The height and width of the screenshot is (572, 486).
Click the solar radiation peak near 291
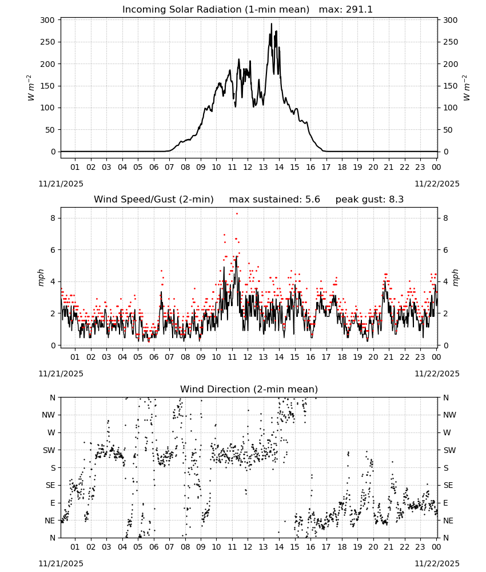click(x=271, y=23)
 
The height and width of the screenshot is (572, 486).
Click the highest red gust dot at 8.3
click(x=237, y=213)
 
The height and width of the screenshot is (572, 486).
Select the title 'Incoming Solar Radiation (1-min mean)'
click(x=216, y=10)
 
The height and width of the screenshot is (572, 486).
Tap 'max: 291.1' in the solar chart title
click(x=346, y=10)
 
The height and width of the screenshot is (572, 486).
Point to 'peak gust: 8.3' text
click(x=369, y=200)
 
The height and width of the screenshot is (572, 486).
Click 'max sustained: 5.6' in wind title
click(x=274, y=200)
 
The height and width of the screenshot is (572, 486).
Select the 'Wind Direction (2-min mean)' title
click(x=249, y=389)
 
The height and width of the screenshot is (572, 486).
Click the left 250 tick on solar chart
click(x=48, y=42)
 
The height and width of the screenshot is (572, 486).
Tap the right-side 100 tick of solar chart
click(x=450, y=108)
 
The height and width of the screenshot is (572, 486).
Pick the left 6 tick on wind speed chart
click(x=53, y=250)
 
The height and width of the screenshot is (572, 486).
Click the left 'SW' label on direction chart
click(x=49, y=450)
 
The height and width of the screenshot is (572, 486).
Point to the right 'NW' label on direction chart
click(x=449, y=415)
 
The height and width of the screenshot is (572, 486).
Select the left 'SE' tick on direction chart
click(x=50, y=485)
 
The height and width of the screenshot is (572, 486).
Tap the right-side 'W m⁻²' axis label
click(x=467, y=88)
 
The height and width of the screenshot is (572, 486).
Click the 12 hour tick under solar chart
click(x=248, y=167)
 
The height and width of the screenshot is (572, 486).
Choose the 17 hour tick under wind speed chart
click(x=326, y=357)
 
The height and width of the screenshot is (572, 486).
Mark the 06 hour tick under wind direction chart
click(x=154, y=547)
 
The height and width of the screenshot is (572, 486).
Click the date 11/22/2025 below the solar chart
click(x=437, y=184)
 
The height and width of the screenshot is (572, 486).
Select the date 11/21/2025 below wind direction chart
click(x=61, y=563)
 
